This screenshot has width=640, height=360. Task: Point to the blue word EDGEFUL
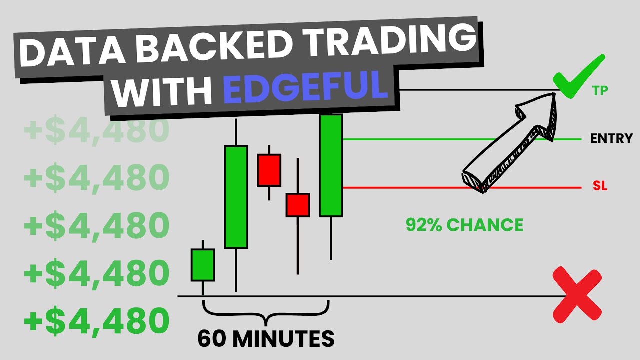tap(306, 86)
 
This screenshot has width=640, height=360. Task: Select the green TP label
tap(600, 91)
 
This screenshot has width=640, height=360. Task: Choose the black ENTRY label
tap(611, 138)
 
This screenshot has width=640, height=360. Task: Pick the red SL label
tap(600, 187)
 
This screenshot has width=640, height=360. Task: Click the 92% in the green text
tap(424, 225)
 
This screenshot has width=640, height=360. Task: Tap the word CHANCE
tap(485, 225)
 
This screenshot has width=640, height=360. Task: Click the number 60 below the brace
tap(210, 339)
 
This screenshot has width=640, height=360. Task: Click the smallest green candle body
tap(203, 265)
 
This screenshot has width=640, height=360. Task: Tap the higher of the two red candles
tap(269, 170)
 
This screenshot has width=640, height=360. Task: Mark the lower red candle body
tap(298, 205)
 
